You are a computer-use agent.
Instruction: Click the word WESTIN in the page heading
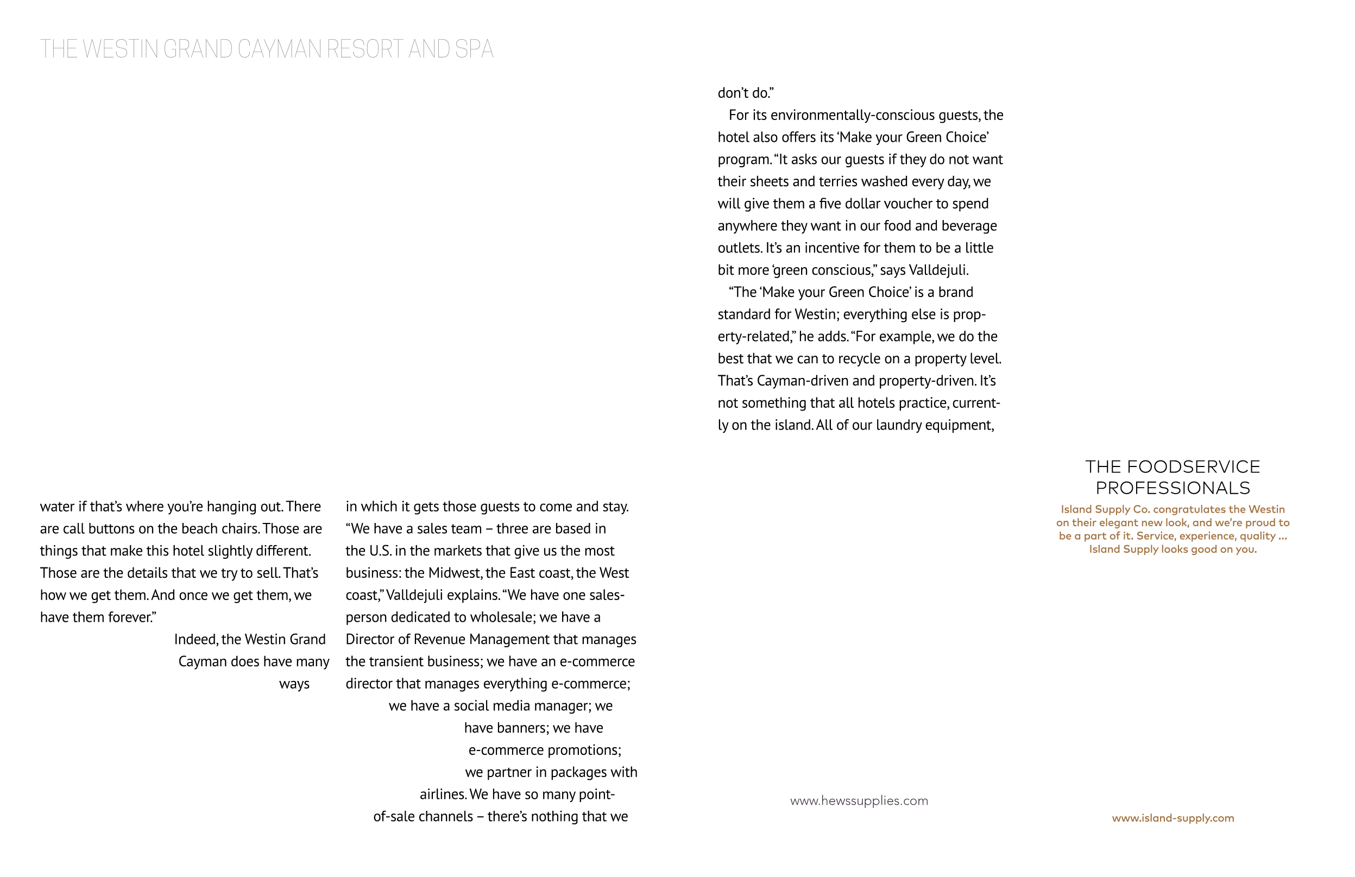[120, 49]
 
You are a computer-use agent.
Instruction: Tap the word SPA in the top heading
[474, 49]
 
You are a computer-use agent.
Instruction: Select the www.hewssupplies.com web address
[859, 801]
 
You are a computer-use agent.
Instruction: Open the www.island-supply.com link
[1173, 818]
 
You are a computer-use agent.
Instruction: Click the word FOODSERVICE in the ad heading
[1193, 466]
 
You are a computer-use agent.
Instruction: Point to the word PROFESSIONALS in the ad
[1173, 488]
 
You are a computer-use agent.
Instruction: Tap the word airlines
[443, 794]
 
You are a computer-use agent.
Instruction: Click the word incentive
[815, 248]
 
